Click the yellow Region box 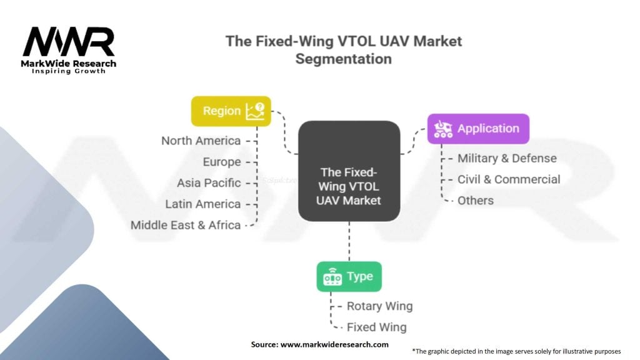point(231,111)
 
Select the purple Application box point(478,129)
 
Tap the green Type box point(349,276)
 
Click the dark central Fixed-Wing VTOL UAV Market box point(349,171)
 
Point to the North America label point(201,141)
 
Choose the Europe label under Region point(222,162)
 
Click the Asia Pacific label point(209,183)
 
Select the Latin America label point(203,204)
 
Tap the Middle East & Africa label point(185,225)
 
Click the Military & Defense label point(507,158)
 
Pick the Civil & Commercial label point(509,179)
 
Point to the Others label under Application point(476,201)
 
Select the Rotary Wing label point(379,306)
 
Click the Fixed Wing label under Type point(376,327)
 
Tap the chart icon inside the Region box point(255,111)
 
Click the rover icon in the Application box point(443,129)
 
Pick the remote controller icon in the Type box point(332,277)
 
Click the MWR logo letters point(69,42)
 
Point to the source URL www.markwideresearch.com point(334,344)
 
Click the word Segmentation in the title point(344,59)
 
